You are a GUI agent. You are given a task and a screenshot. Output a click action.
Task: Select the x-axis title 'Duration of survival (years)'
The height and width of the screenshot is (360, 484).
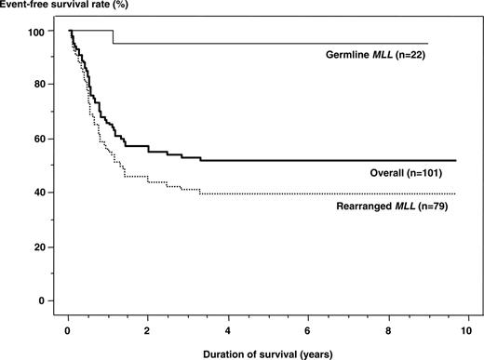click(x=265, y=352)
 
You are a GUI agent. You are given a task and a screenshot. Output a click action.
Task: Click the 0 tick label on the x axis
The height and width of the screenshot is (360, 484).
click(x=68, y=329)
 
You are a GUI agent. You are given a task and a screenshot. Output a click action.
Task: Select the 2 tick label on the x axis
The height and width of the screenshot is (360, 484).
click(x=148, y=329)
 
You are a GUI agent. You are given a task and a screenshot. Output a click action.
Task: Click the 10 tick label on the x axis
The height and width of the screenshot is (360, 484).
click(x=467, y=329)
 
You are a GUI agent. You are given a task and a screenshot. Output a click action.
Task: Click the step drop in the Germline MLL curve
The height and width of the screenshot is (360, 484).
click(x=113, y=37)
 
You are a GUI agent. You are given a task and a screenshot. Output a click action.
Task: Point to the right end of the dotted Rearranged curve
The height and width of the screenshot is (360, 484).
click(x=455, y=194)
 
